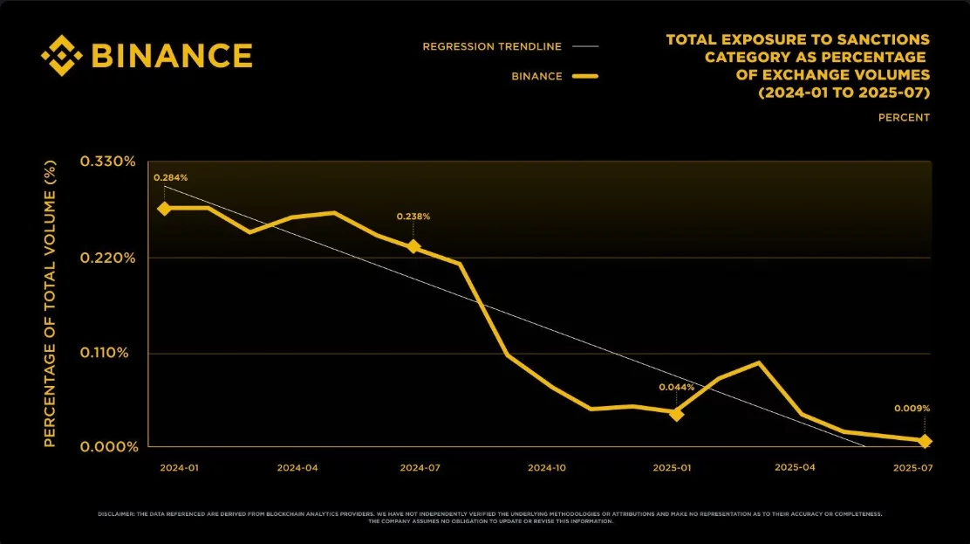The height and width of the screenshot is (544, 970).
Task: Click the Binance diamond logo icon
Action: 62,56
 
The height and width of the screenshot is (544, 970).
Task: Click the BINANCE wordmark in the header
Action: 172,56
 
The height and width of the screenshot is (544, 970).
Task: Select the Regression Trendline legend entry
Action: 492,46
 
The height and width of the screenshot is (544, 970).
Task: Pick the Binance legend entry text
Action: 536,76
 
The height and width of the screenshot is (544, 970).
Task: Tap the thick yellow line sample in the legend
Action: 585,77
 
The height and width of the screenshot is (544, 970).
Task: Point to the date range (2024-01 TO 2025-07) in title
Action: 844,92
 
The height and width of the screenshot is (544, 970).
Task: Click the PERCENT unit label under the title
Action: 904,117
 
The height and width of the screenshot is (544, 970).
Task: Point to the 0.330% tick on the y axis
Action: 108,162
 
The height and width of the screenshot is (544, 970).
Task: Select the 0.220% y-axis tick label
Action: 108,258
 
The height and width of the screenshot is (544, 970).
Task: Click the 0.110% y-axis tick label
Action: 108,353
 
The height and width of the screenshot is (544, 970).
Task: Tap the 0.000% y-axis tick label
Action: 108,447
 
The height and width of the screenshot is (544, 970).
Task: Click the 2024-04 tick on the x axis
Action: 297,468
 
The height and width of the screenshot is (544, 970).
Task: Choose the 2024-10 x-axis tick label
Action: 547,468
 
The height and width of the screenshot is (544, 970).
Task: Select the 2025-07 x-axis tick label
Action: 912,468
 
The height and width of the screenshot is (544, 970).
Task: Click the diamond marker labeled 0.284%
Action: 164,209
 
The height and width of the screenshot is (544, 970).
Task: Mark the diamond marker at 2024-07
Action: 413,247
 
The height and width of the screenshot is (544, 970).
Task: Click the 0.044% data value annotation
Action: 676,387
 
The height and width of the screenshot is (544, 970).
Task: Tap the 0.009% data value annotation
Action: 912,408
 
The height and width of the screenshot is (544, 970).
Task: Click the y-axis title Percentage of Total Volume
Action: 50,304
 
